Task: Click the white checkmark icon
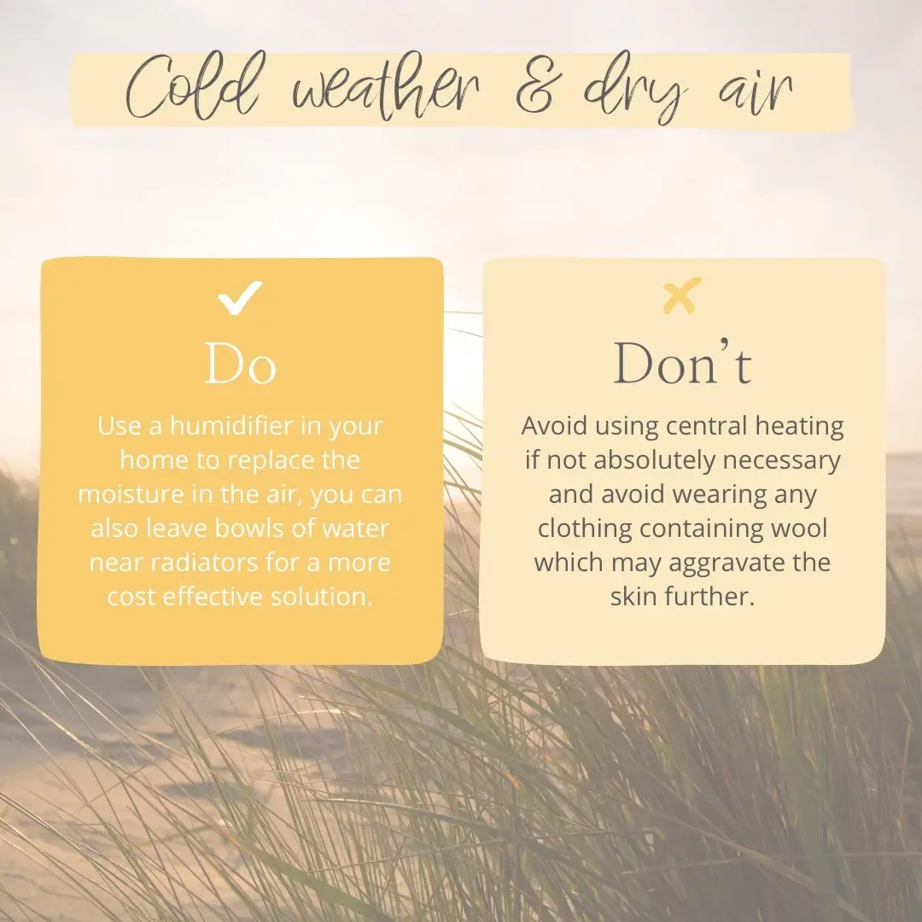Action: pyautogui.click(x=239, y=298)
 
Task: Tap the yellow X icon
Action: pyautogui.click(x=682, y=295)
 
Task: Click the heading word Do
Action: pyautogui.click(x=241, y=365)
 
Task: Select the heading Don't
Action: pyautogui.click(x=682, y=365)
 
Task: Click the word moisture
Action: pyautogui.click(x=129, y=494)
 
